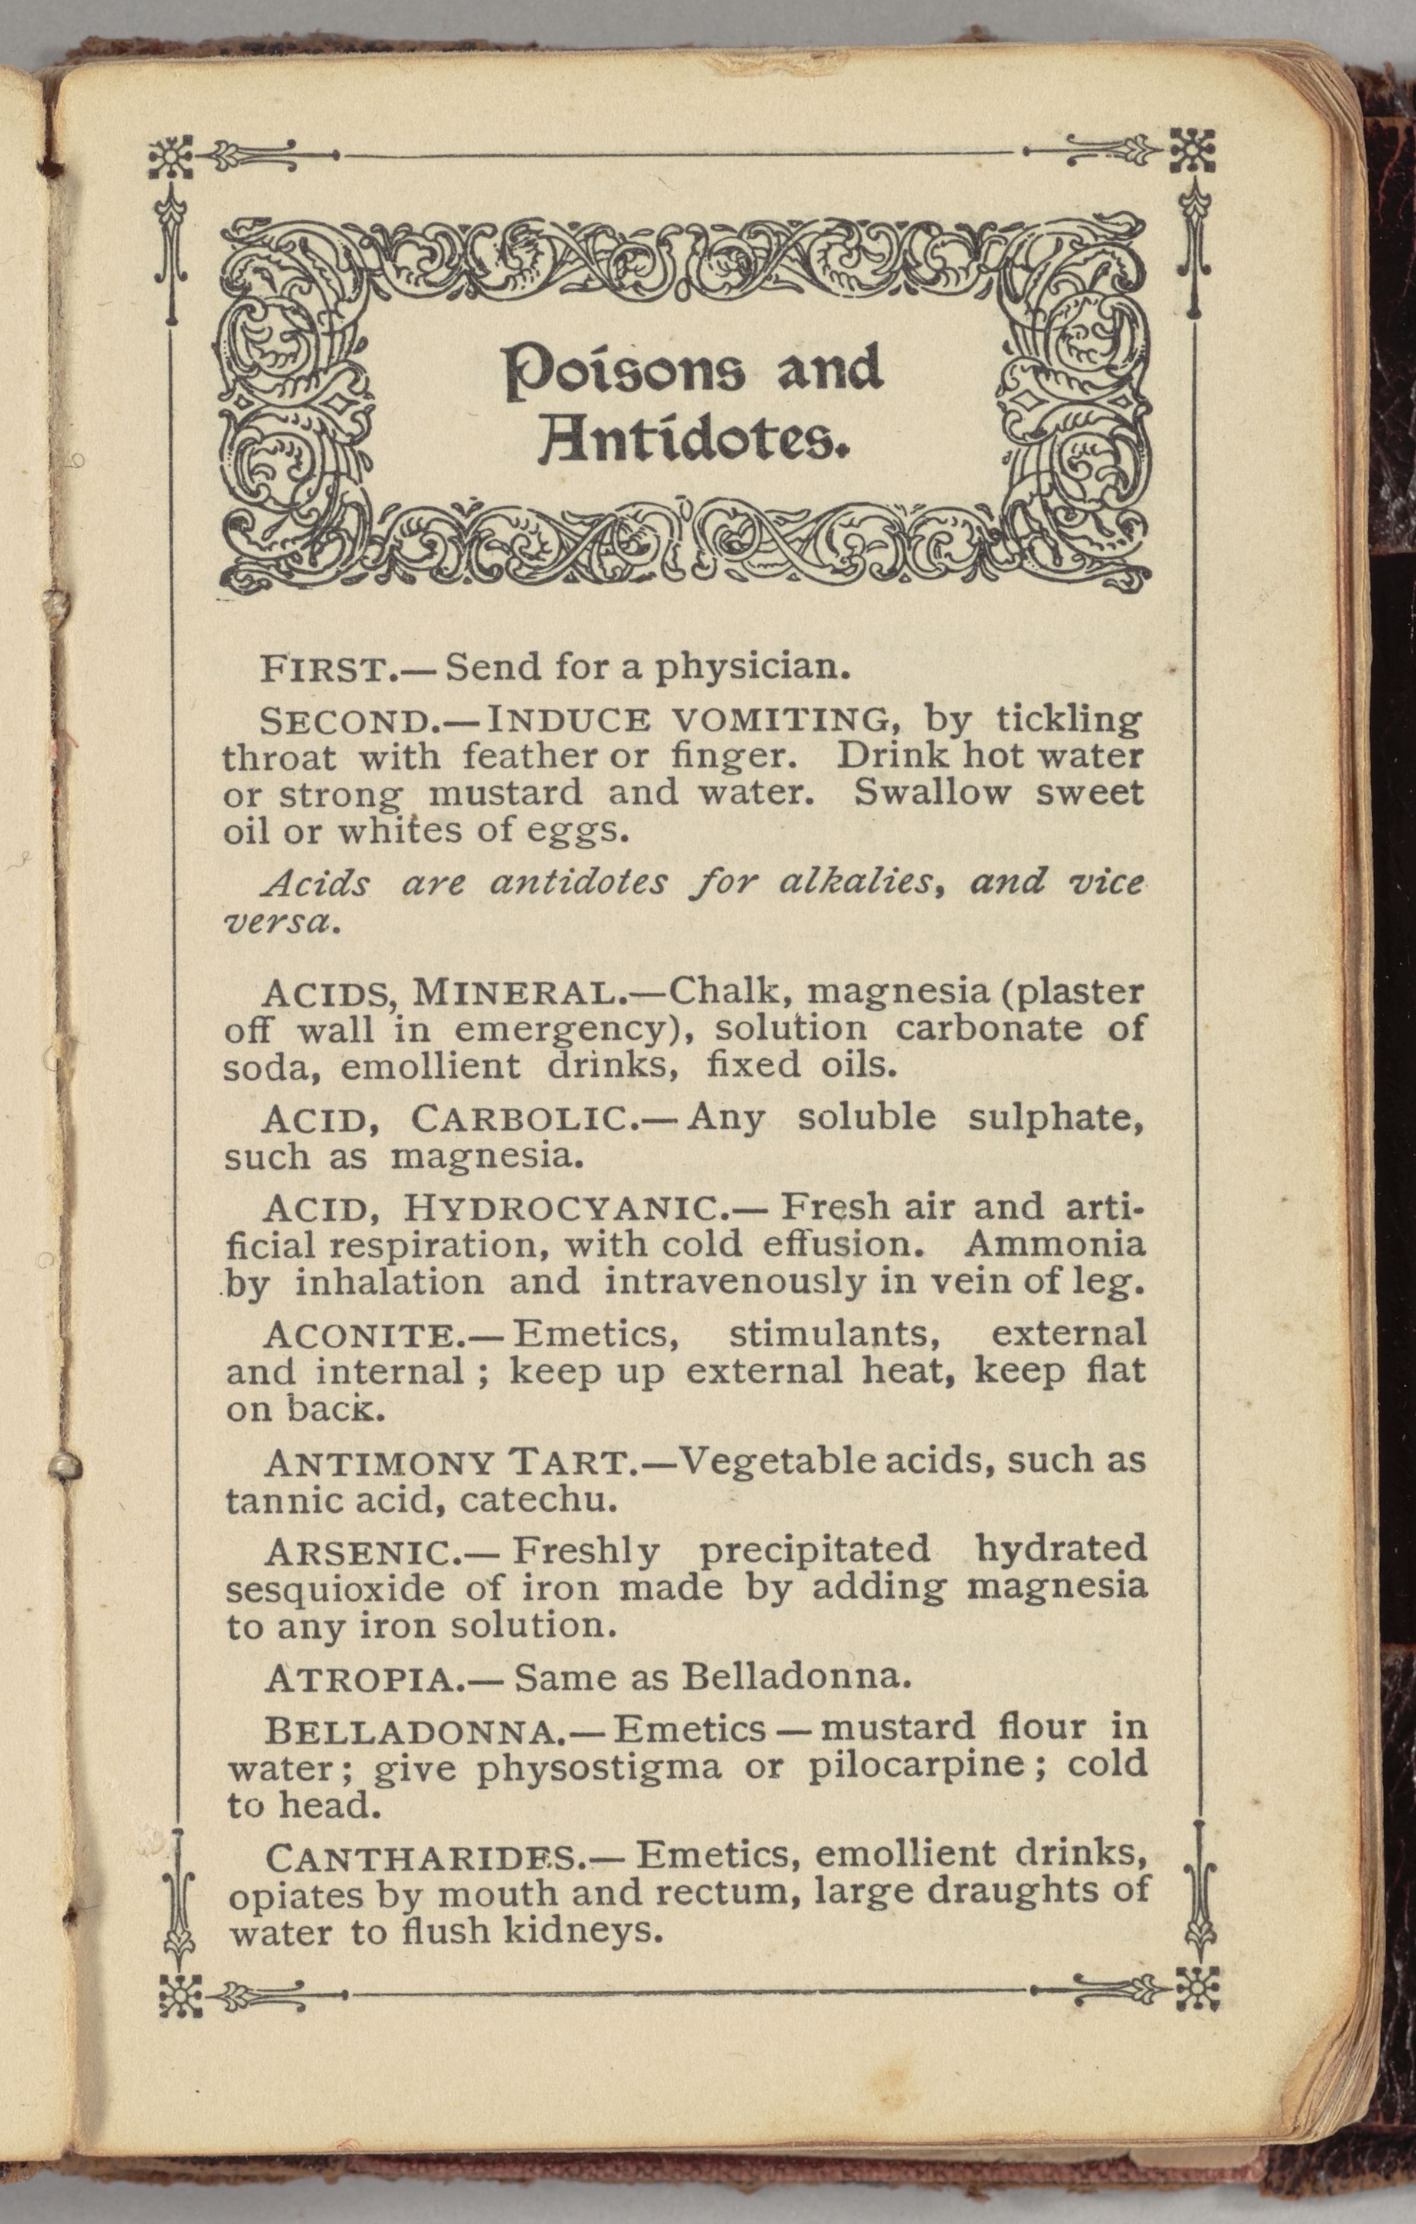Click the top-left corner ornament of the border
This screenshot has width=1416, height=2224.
[171, 159]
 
